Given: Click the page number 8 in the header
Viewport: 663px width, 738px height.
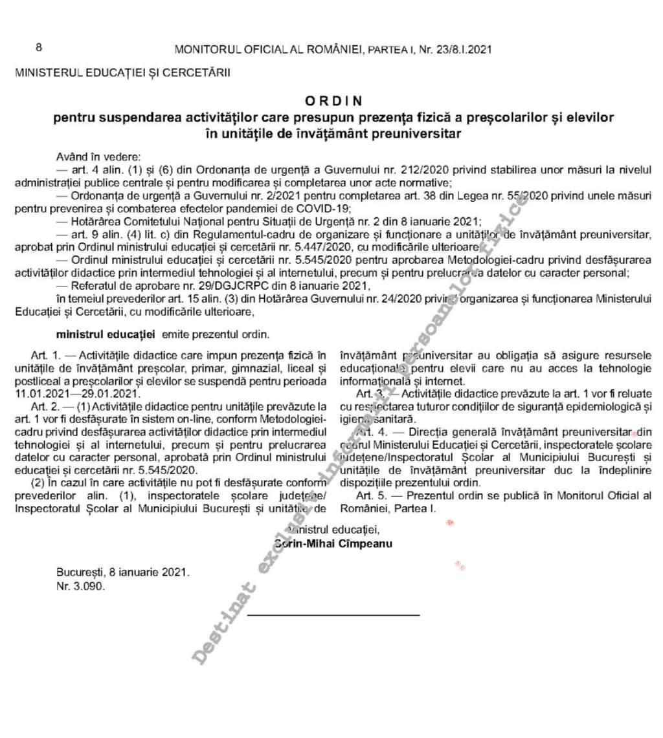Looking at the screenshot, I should (x=38, y=47).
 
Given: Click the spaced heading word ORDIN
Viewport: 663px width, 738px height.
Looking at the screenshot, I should (x=333, y=101).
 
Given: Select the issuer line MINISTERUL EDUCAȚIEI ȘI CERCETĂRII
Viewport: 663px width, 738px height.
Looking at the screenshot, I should (x=122, y=72).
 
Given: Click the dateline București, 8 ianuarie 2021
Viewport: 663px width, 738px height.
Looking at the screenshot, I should (x=123, y=572).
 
